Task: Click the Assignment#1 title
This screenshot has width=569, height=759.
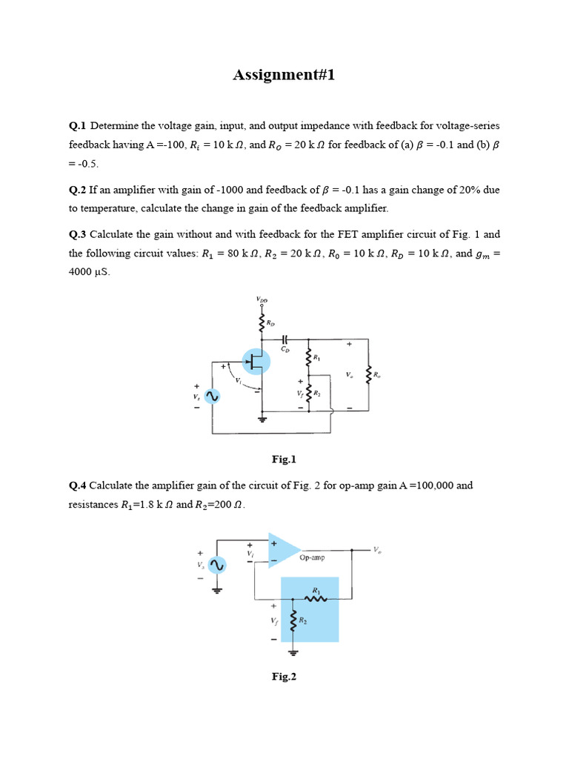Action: pos(284,75)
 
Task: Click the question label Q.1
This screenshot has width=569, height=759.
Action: pos(78,125)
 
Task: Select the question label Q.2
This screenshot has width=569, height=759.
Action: pos(78,190)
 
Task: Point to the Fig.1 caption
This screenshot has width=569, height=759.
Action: pos(284,460)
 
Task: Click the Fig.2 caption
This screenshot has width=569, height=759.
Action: pos(284,676)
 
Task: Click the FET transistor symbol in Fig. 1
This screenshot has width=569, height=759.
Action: pos(256,362)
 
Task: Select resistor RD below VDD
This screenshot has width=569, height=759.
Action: pos(262,323)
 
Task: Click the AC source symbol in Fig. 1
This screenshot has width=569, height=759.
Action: pos(211,397)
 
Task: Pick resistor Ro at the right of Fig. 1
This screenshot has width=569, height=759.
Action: pos(368,375)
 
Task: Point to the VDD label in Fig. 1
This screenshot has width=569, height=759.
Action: pos(262,299)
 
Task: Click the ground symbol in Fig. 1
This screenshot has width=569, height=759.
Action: pos(262,420)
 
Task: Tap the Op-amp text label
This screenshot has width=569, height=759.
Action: pos(312,557)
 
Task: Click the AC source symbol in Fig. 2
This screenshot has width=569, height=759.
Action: pos(216,566)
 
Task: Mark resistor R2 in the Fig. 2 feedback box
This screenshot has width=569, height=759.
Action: pos(293,623)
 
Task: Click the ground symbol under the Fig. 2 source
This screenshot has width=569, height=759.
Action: pos(216,591)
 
